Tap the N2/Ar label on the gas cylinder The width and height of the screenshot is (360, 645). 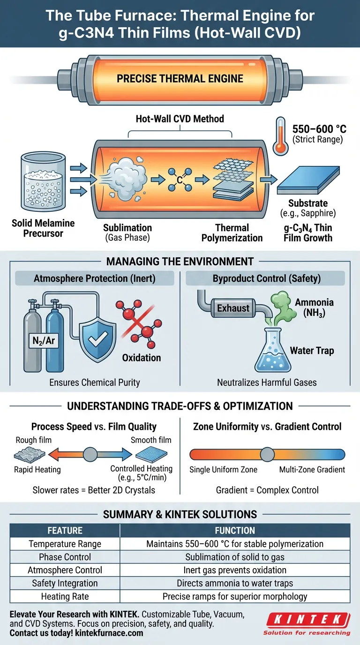click(x=43, y=341)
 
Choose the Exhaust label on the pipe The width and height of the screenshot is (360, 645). click(x=233, y=308)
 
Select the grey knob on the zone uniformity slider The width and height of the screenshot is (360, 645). click(x=267, y=454)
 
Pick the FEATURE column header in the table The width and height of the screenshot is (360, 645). click(x=65, y=531)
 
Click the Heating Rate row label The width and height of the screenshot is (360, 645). click(x=65, y=597)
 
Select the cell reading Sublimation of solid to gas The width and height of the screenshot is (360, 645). click(x=235, y=557)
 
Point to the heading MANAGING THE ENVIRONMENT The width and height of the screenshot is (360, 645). click(x=180, y=261)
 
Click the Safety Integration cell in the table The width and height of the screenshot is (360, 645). click(x=65, y=584)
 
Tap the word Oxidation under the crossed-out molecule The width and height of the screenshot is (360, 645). click(x=142, y=358)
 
